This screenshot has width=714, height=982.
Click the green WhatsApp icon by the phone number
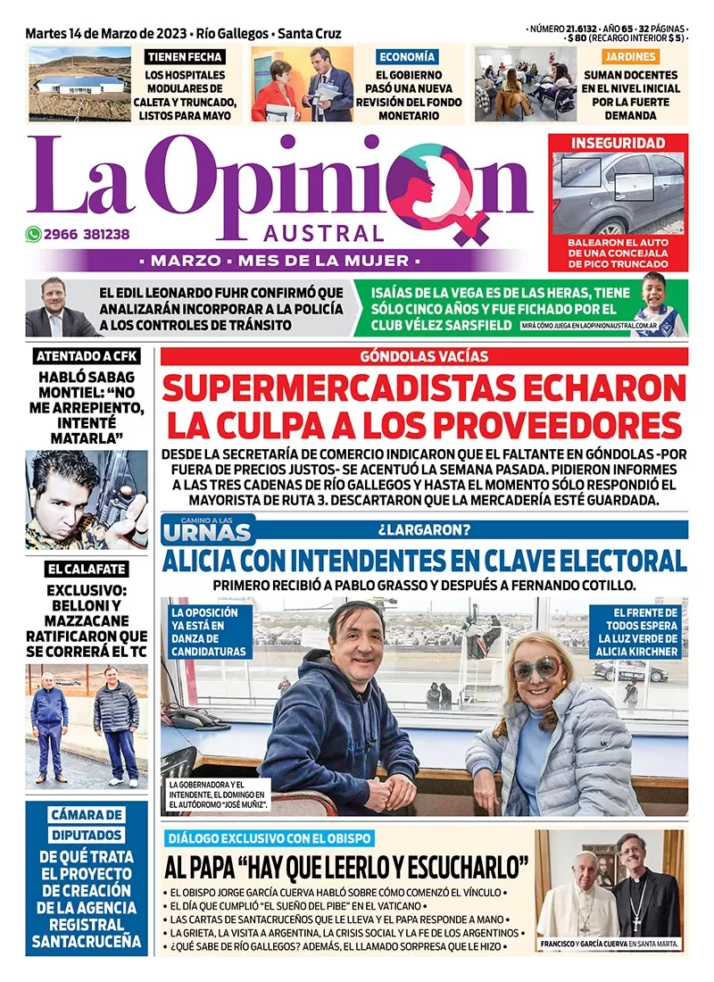click(x=34, y=235)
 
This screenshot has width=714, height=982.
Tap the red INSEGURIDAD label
click(x=619, y=143)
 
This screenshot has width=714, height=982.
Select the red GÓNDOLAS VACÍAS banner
click(x=424, y=356)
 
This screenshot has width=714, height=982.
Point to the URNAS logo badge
click(x=207, y=530)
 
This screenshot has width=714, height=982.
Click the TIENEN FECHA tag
click(x=186, y=57)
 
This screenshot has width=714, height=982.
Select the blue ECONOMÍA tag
click(x=407, y=57)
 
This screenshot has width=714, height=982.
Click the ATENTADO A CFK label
click(x=87, y=357)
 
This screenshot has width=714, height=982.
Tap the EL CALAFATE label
click(x=87, y=569)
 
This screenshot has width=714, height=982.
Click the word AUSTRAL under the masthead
click(x=325, y=234)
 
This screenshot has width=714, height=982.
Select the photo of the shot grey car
click(x=618, y=192)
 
